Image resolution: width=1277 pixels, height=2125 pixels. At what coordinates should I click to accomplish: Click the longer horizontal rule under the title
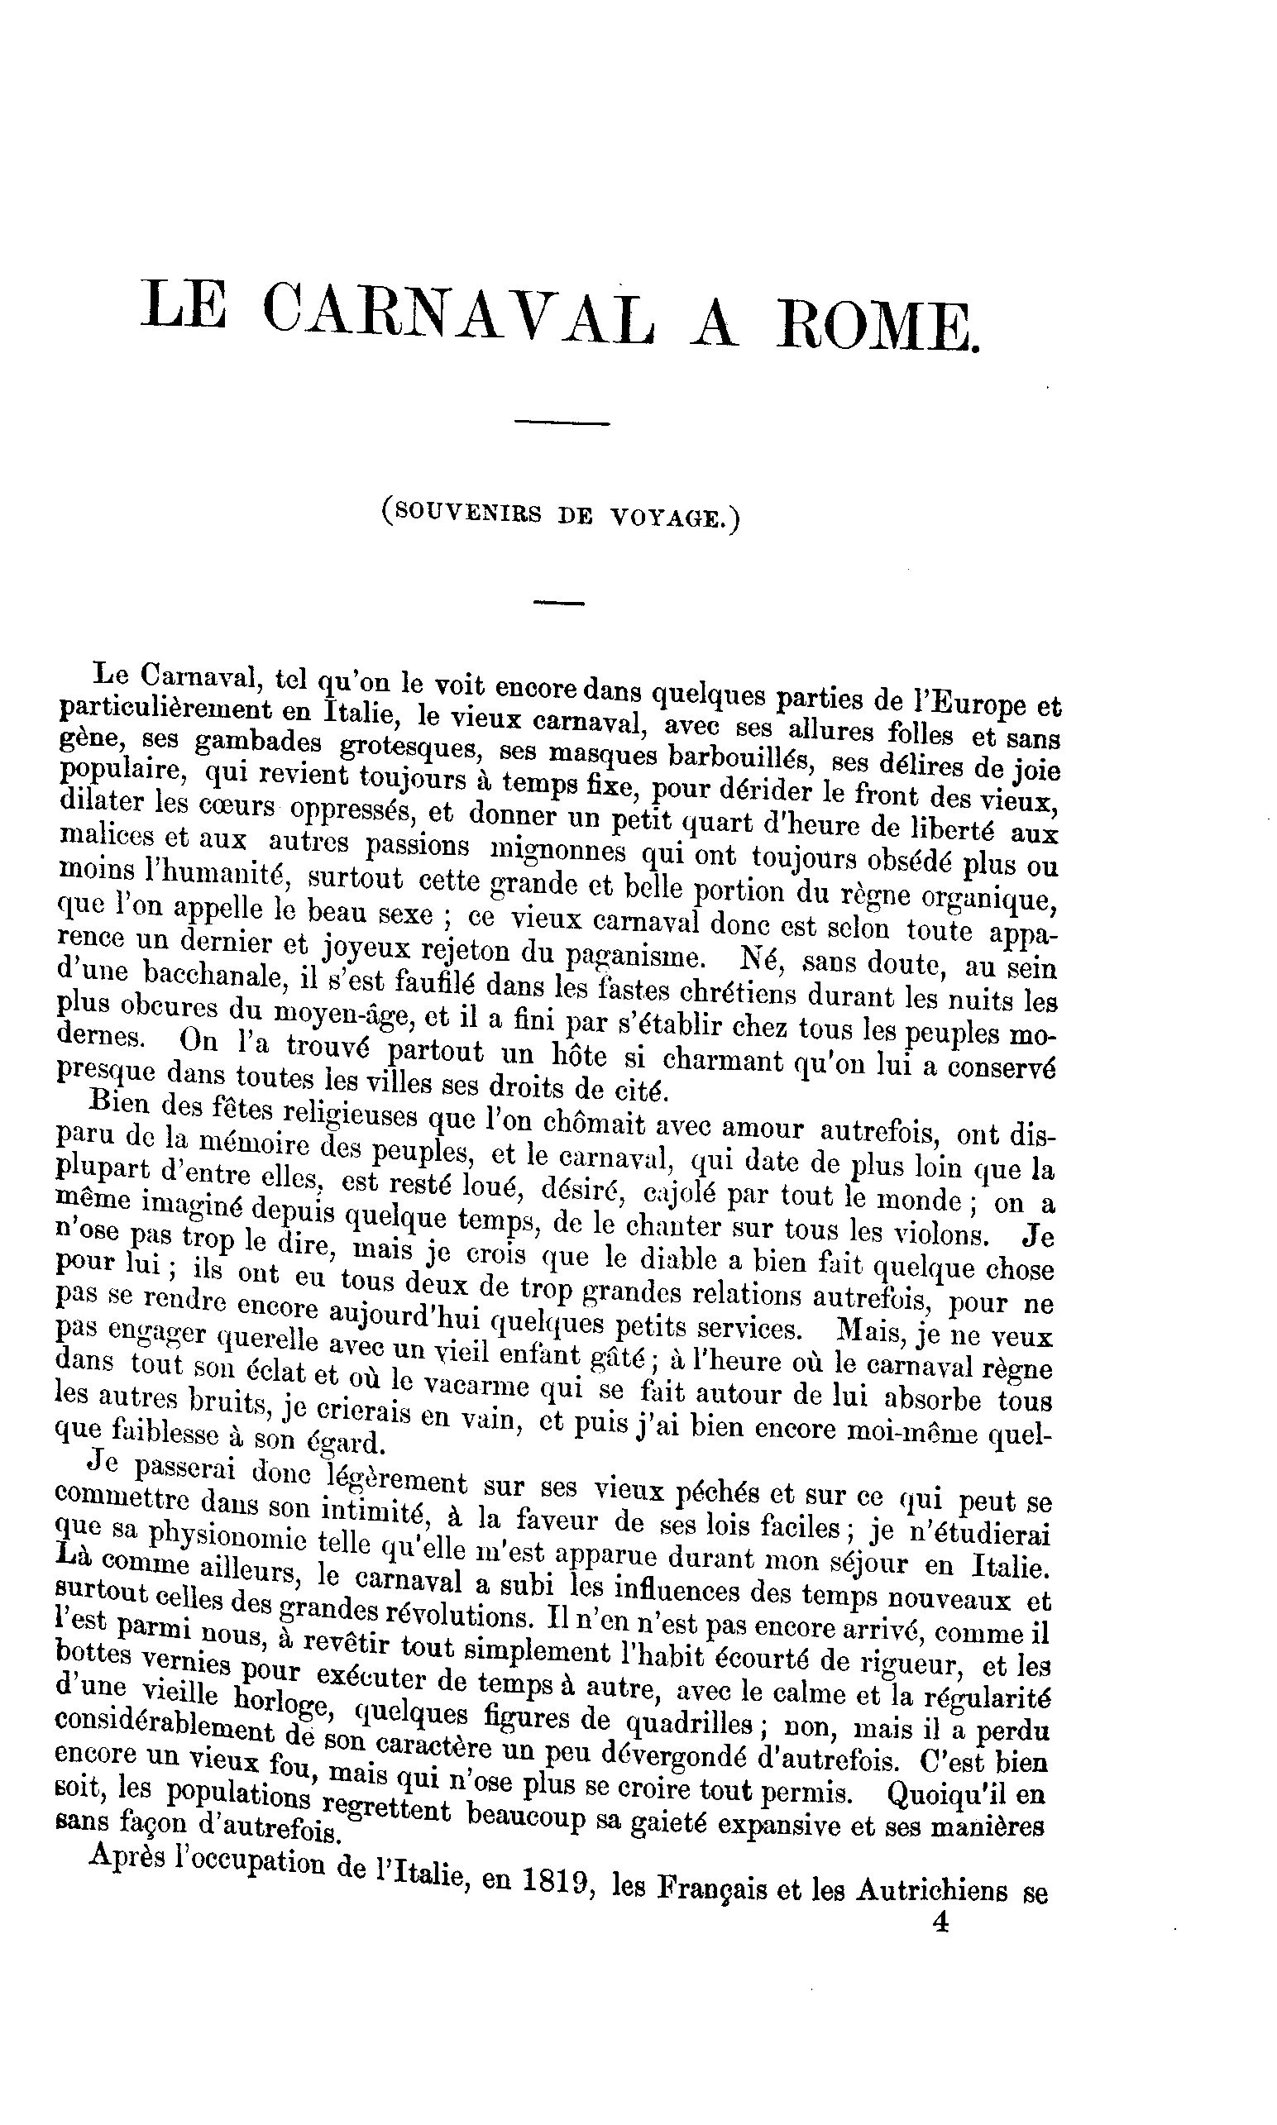pos(561,423)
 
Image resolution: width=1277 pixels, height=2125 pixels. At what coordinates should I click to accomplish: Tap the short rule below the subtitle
pos(558,603)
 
